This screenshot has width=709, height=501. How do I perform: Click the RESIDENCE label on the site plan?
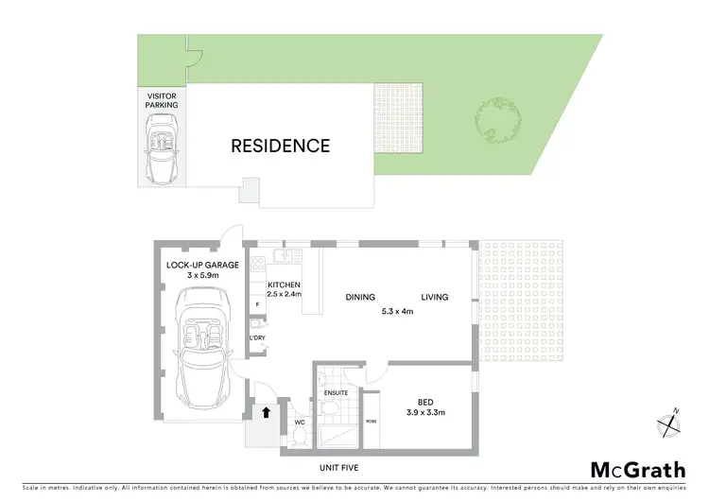click(x=281, y=147)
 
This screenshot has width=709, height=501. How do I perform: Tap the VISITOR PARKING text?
click(x=161, y=100)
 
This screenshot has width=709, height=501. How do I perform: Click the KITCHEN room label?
click(x=284, y=285)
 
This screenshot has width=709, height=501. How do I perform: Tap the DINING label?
click(x=360, y=297)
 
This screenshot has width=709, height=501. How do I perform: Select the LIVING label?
click(x=435, y=297)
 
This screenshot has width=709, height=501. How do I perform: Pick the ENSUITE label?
click(x=336, y=392)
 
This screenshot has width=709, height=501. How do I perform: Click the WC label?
click(x=299, y=421)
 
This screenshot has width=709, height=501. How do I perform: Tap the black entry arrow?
click(x=267, y=413)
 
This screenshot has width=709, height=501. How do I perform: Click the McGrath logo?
click(x=638, y=470)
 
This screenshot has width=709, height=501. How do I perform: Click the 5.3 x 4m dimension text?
click(x=395, y=311)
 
